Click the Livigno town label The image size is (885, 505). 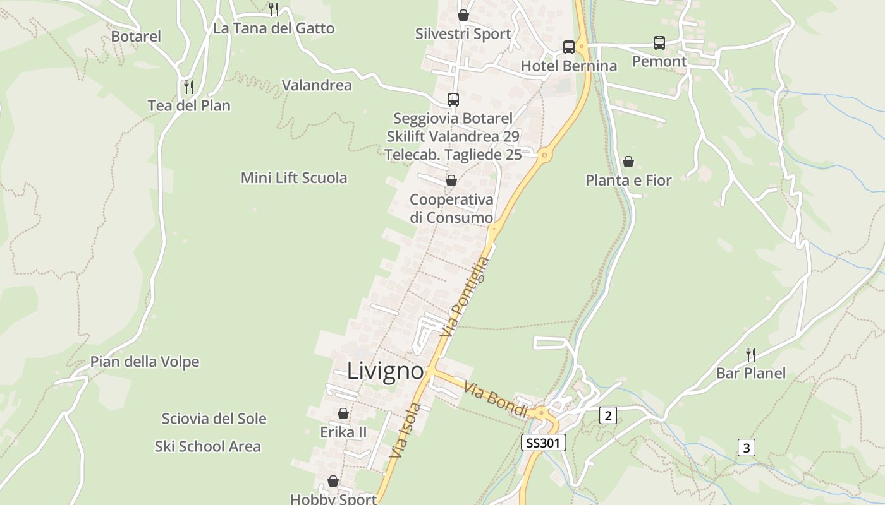click(385, 371)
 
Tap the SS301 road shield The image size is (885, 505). click(543, 443)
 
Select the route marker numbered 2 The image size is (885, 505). click(607, 415)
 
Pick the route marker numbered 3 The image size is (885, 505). click(747, 448)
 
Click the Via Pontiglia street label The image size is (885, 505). click(468, 296)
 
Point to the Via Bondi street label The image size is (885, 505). click(496, 399)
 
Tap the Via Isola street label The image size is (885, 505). click(405, 431)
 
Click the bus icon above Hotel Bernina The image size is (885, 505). click(569, 47)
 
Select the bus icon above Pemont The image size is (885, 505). click(659, 43)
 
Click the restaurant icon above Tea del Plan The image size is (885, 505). click(188, 86)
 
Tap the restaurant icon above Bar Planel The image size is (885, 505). click(750, 354)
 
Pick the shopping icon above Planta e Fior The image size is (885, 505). click(628, 162)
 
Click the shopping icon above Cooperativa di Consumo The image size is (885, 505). click(451, 181)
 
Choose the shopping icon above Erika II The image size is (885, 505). click(343, 413)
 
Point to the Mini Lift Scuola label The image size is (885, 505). click(294, 178)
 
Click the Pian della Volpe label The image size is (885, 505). click(145, 362)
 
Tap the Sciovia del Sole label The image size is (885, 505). click(214, 419)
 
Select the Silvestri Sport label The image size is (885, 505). click(463, 34)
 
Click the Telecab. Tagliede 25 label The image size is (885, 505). click(453, 154)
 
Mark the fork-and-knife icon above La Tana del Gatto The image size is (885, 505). click(274, 9)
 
